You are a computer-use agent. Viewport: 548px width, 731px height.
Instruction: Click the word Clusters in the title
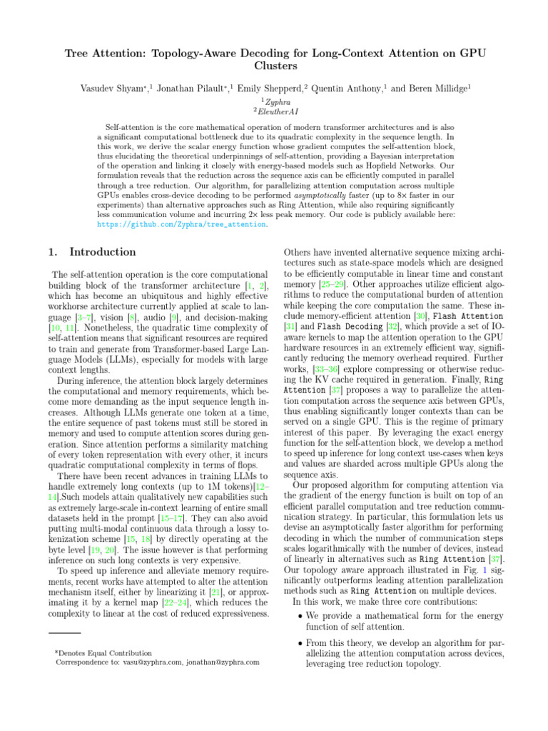tap(274, 66)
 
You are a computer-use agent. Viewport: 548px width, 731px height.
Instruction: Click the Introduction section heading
tap(102, 251)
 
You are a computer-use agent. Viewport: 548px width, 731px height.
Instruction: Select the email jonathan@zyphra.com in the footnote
tap(223, 662)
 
